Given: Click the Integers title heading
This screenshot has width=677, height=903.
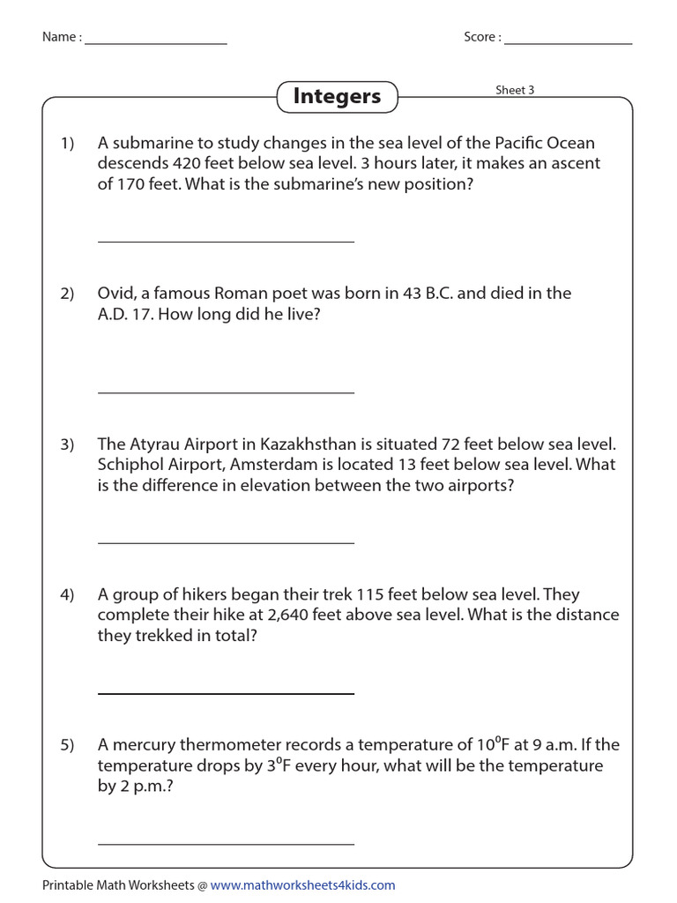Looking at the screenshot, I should click(337, 96).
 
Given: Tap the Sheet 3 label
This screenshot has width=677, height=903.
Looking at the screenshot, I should click(515, 90).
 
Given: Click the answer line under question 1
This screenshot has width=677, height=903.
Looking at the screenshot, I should click(226, 241).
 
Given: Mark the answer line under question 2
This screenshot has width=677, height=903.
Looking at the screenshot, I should click(226, 392).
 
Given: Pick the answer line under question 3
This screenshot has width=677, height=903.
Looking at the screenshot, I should click(226, 543).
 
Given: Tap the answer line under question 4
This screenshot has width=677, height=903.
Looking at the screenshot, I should click(226, 694).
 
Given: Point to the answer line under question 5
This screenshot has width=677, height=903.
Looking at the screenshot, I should click(226, 844).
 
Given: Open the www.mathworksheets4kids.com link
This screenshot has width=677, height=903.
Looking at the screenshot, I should click(302, 884).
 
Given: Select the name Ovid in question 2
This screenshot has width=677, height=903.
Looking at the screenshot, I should click(115, 294).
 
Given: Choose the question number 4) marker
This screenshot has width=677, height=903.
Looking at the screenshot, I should click(68, 594).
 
